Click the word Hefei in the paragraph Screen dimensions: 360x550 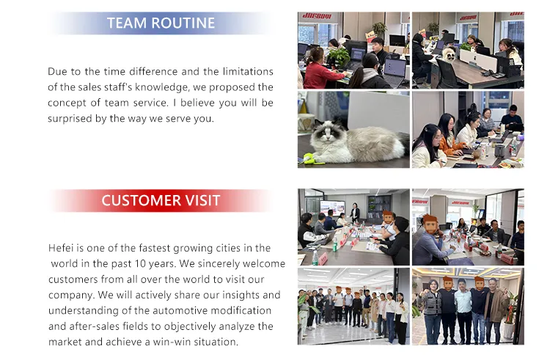(x=62, y=249)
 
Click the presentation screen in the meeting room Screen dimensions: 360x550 (x=332, y=207)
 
